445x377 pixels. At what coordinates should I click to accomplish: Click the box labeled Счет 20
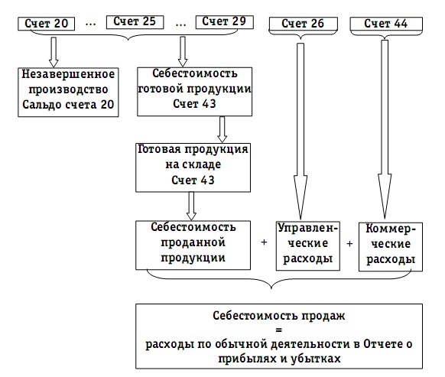[47, 24]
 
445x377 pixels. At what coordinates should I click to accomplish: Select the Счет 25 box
[135, 22]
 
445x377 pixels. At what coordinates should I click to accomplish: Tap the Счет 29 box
[224, 22]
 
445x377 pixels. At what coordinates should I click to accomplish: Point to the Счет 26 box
[303, 24]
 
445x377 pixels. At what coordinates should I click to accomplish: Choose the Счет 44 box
[386, 24]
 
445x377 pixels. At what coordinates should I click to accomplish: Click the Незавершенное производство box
[68, 92]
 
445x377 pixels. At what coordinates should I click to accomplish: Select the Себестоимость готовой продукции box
[194, 92]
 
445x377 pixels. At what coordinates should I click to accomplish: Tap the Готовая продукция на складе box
[193, 167]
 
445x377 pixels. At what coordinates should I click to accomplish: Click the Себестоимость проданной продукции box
[193, 245]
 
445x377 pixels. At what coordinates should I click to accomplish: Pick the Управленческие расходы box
[308, 245]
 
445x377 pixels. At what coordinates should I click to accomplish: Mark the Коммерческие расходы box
[391, 247]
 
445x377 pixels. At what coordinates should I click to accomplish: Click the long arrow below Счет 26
[300, 132]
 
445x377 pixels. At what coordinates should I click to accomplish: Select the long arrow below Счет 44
[385, 129]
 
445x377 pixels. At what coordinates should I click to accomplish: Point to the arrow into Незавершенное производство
[54, 52]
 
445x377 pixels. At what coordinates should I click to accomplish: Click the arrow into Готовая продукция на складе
[222, 129]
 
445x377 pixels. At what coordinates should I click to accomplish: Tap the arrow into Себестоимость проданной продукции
[191, 206]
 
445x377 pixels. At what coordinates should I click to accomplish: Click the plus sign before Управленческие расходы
[264, 242]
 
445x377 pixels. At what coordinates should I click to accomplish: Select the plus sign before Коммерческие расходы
[349, 243]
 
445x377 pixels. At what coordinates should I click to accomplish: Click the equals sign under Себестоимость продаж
[278, 330]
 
